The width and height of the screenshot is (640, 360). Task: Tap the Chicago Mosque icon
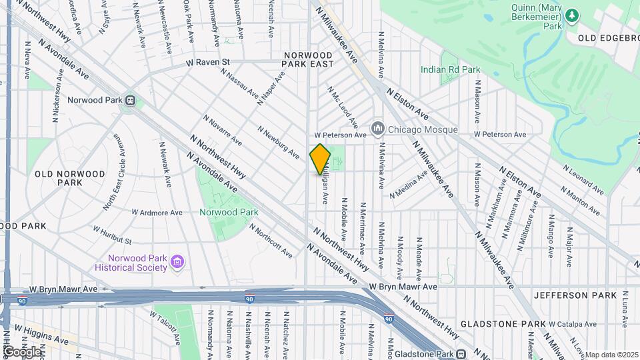click(378, 127)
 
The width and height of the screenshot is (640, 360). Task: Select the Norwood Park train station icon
click(130, 101)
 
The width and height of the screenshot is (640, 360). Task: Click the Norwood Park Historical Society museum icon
click(177, 263)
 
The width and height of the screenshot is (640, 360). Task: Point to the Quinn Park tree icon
click(571, 15)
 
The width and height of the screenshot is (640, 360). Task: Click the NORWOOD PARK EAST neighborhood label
click(308, 59)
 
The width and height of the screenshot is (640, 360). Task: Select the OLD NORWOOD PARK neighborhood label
click(69, 178)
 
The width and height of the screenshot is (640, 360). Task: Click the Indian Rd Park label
click(450, 69)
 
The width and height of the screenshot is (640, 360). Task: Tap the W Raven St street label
click(207, 62)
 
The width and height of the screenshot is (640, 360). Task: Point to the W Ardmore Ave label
click(157, 213)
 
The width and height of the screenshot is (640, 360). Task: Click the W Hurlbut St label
click(112, 235)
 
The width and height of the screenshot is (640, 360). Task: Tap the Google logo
click(21, 351)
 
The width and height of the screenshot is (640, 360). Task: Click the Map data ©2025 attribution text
click(611, 355)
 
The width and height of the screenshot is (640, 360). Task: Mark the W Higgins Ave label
click(41, 335)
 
